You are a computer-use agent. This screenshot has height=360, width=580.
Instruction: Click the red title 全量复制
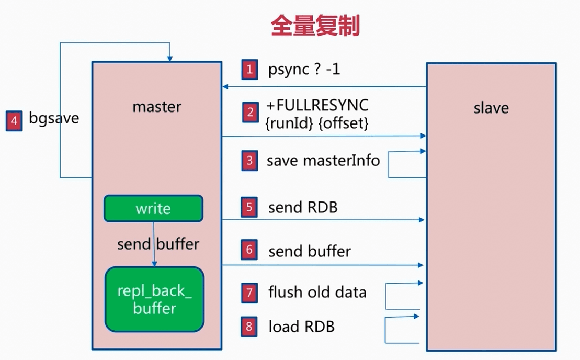[x=315, y=26]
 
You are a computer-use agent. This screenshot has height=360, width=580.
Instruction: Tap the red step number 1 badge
[x=249, y=69]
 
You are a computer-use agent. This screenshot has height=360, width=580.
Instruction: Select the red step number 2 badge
[x=251, y=112]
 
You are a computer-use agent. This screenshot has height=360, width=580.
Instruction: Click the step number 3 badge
[x=249, y=161]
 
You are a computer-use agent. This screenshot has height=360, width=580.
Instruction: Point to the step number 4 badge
[x=14, y=121]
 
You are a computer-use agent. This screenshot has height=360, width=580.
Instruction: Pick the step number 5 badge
[x=249, y=207]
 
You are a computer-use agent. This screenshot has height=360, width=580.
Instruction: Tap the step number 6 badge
[x=249, y=250]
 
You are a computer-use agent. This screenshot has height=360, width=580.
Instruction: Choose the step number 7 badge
[x=249, y=293]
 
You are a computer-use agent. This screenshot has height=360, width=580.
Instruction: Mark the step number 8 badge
[x=249, y=327]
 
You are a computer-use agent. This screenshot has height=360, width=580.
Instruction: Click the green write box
[x=154, y=208]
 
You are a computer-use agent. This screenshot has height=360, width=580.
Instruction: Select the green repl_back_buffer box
[x=155, y=299]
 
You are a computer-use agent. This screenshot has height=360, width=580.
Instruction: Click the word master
[x=157, y=107]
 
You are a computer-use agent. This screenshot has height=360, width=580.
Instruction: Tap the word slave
[x=491, y=108]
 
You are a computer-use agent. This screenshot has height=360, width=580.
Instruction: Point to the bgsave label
[x=54, y=118]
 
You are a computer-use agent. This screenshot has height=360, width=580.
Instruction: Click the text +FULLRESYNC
[x=317, y=106]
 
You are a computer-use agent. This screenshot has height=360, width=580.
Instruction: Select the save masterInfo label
[x=323, y=161]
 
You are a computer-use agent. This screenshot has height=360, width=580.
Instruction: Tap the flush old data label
[x=317, y=292]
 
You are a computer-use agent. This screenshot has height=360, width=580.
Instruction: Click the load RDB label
[x=301, y=327]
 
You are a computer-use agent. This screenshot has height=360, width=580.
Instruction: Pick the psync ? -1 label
[x=304, y=70]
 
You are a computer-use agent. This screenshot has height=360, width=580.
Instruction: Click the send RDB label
[x=303, y=208]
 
